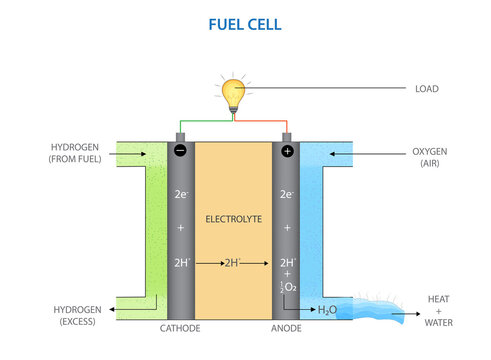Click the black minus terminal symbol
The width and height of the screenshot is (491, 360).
180,151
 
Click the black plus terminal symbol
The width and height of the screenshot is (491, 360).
287,151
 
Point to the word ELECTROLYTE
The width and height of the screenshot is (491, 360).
232,218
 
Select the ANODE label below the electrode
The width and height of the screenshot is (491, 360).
287,327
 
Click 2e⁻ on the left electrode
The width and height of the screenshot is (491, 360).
180,194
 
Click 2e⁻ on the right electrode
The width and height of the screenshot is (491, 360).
287,194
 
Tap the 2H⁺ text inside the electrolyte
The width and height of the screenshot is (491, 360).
233,264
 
